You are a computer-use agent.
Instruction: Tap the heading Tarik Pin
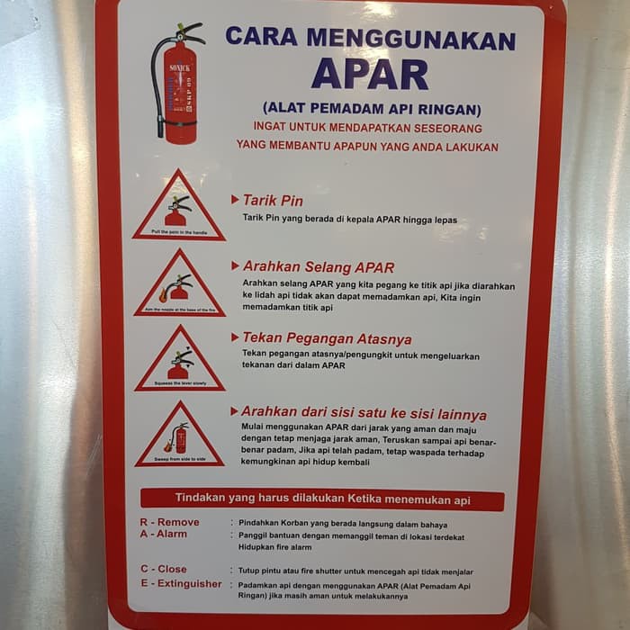pos(273,200)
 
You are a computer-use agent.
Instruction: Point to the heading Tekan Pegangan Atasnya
pos(327,338)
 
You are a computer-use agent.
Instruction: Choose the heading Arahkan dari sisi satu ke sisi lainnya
pos(364,414)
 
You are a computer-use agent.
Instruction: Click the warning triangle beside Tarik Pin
pos(178,208)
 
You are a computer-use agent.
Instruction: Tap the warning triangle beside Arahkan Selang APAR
pos(178,285)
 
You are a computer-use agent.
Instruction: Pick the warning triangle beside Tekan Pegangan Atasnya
pos(179,361)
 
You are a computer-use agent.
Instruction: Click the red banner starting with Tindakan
pos(321,499)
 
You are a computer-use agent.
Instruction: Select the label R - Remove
pos(169,522)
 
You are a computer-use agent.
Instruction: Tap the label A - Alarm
pos(163,534)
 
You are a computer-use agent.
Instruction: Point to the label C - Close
pos(163,569)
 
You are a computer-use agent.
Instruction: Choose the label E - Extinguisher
pos(180,583)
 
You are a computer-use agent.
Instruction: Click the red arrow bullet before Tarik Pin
pos(235,200)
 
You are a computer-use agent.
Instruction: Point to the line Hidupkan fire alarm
pos(274,546)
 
